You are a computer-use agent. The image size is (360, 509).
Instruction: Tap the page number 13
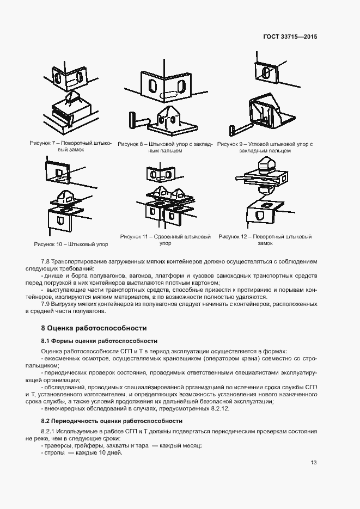click(x=313, y=463)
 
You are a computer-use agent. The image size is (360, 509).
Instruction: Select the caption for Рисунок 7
click(x=71, y=146)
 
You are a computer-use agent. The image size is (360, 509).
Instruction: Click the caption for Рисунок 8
click(x=164, y=147)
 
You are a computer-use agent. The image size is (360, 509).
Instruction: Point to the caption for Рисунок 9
click(x=265, y=147)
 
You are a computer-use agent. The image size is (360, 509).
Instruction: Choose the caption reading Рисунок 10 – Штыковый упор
click(x=71, y=244)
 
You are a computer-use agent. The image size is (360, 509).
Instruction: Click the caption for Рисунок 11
click(x=165, y=240)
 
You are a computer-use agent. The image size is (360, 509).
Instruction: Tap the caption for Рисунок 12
click(x=265, y=240)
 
